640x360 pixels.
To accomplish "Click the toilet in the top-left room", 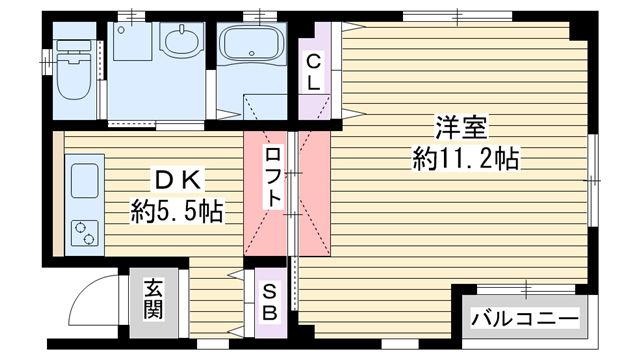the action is click(73, 69).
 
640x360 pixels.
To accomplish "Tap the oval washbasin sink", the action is click(182, 40).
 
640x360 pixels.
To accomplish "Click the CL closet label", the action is click(313, 73).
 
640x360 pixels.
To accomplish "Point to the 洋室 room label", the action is click(462, 128).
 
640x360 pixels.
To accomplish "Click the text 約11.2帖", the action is click(466, 159).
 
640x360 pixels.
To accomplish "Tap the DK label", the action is click(177, 180).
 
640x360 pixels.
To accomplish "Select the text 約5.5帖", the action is click(177, 211).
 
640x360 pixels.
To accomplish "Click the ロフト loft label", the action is click(273, 178).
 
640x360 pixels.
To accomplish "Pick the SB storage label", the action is click(270, 302).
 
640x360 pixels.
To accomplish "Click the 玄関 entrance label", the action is click(153, 299).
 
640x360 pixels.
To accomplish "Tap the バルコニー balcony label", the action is click(525, 318).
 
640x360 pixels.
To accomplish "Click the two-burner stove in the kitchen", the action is click(85, 233).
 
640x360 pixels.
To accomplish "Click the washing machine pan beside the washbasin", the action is click(132, 41).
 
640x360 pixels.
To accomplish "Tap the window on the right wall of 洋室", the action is click(593, 180).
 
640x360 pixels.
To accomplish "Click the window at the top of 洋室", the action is click(457, 17).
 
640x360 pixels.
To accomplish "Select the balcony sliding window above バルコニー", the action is click(526, 289).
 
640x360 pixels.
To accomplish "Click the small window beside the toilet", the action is click(47, 62).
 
